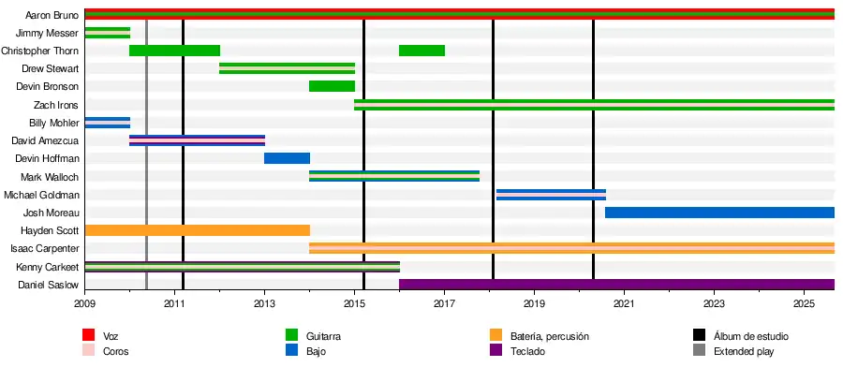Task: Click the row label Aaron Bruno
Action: tap(52, 15)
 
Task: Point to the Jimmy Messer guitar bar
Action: tap(108, 33)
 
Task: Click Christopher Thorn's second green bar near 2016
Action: tap(421, 51)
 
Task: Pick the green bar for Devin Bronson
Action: tap(332, 87)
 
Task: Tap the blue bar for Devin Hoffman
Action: tap(287, 158)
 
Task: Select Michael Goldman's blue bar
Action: tap(551, 195)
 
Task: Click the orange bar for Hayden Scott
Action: tap(197, 230)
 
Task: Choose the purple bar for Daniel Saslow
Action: tap(616, 285)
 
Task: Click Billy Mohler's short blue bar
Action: tap(108, 123)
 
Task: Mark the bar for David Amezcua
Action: tap(197, 140)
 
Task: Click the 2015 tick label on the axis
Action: tap(354, 304)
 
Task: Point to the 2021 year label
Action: tap(624, 304)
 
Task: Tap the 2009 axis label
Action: tap(84, 304)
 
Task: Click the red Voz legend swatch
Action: tap(89, 335)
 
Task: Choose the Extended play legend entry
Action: tap(744, 352)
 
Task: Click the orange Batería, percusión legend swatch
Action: tap(496, 335)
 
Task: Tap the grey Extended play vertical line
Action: tap(147, 187)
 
